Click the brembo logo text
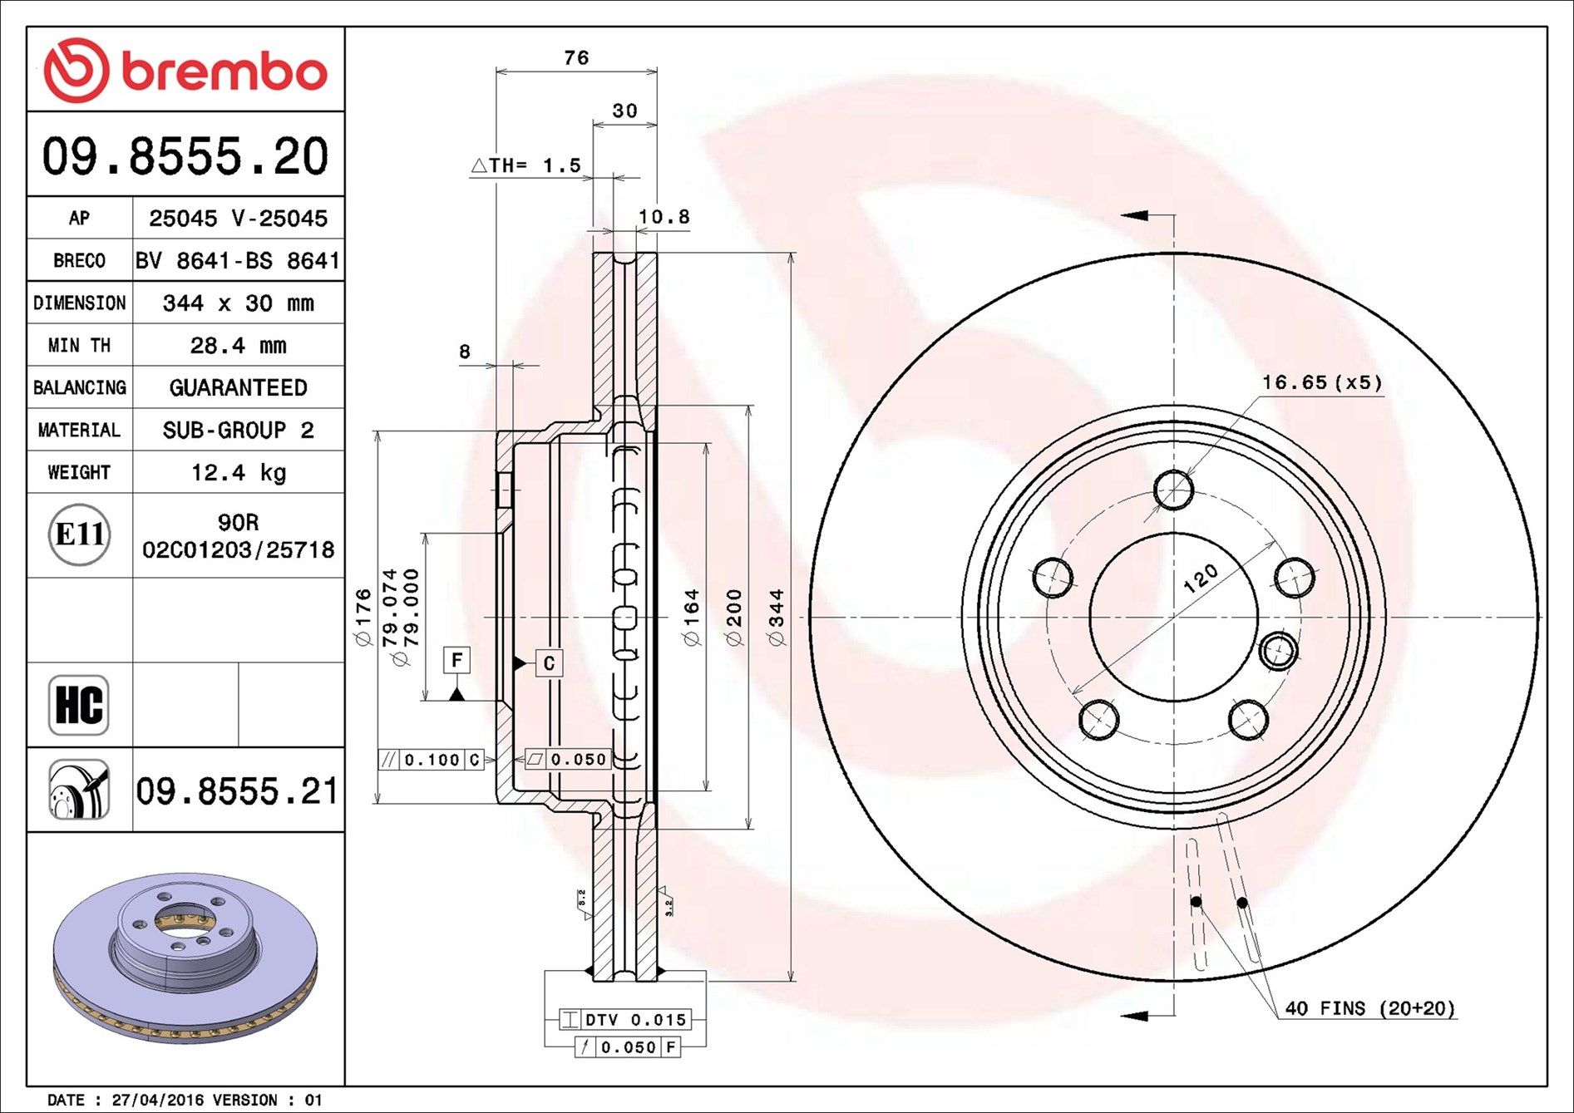tap(223, 72)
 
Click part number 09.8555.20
tap(185, 156)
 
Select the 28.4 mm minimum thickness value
tap(238, 345)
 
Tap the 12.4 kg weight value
tap(238, 472)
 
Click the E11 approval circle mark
tap(79, 534)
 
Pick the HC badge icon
tap(79, 705)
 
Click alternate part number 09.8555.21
tap(237, 790)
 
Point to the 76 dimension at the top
tap(576, 57)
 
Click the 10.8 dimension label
tap(664, 217)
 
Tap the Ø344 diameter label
tap(777, 617)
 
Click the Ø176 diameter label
tap(363, 617)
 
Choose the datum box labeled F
tap(456, 660)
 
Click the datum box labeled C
tap(549, 663)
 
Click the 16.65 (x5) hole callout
tap(1321, 382)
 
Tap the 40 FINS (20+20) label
tap(1369, 1008)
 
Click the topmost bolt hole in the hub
tap(1174, 490)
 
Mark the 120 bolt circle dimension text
tap(1200, 578)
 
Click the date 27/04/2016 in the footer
tap(157, 1100)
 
